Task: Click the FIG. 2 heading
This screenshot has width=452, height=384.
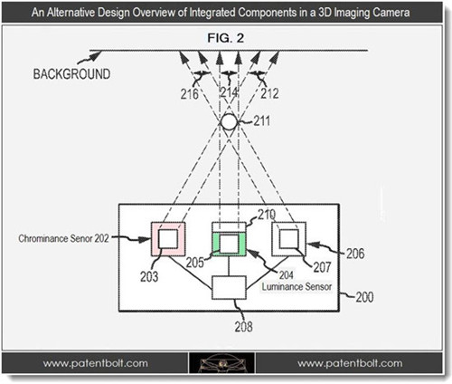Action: coord(226,38)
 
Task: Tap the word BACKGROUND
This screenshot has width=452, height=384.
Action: coord(71,74)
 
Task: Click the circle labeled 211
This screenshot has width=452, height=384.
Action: coord(229,122)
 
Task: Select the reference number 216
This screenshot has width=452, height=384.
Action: coord(190,94)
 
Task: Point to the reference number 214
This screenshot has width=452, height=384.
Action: coord(230,92)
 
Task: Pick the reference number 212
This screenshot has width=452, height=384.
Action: coord(269,93)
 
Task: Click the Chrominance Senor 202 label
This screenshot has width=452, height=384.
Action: coord(63,238)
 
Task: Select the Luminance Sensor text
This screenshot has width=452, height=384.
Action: coord(297,286)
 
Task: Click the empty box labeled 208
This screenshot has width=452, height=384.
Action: coord(229,287)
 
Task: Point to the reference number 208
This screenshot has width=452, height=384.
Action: coord(244,327)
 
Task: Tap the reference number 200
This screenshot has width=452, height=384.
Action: coord(364,297)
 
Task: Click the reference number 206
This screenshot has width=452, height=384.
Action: coord(355,254)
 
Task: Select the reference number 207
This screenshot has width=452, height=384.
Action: coord(322,267)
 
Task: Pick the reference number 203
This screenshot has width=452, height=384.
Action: coord(149,276)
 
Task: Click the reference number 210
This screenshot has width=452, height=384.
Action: coord(267,215)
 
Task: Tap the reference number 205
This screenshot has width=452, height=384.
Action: coord(195,263)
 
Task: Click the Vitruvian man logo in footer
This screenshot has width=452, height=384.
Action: coord(222,363)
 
